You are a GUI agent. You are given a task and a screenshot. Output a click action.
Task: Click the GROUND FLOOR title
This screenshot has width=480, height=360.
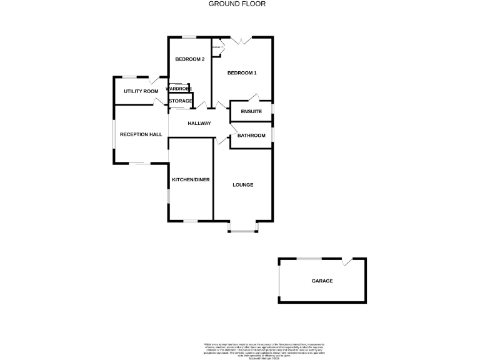237,4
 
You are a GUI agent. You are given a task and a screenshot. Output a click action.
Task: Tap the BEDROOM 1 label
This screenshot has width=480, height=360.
241,73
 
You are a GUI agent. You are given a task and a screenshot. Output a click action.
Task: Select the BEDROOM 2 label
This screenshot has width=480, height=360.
189,59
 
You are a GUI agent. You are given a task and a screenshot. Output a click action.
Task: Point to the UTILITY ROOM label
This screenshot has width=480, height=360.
141,91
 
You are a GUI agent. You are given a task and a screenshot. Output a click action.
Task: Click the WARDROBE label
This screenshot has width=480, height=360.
179,89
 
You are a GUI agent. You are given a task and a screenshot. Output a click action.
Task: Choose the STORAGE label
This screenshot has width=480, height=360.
180,101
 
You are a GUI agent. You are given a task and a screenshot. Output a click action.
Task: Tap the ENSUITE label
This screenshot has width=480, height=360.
251,111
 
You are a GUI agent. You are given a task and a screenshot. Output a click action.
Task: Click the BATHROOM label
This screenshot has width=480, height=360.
251,135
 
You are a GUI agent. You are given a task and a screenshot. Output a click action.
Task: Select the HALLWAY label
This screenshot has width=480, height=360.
199,123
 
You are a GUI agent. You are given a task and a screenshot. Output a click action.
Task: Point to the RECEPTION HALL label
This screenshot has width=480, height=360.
141,134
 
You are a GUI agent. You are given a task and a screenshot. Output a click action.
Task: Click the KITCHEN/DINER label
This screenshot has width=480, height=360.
191,179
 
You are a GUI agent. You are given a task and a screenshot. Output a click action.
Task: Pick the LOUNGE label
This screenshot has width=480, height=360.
242,184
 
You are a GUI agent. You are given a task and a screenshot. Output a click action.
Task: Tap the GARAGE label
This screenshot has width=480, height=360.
322,281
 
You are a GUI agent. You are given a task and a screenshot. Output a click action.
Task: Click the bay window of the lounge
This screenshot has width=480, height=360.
242,230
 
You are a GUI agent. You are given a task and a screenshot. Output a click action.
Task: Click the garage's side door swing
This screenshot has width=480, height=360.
347,261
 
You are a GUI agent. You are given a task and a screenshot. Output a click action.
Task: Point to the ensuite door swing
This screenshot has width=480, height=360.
252,97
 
